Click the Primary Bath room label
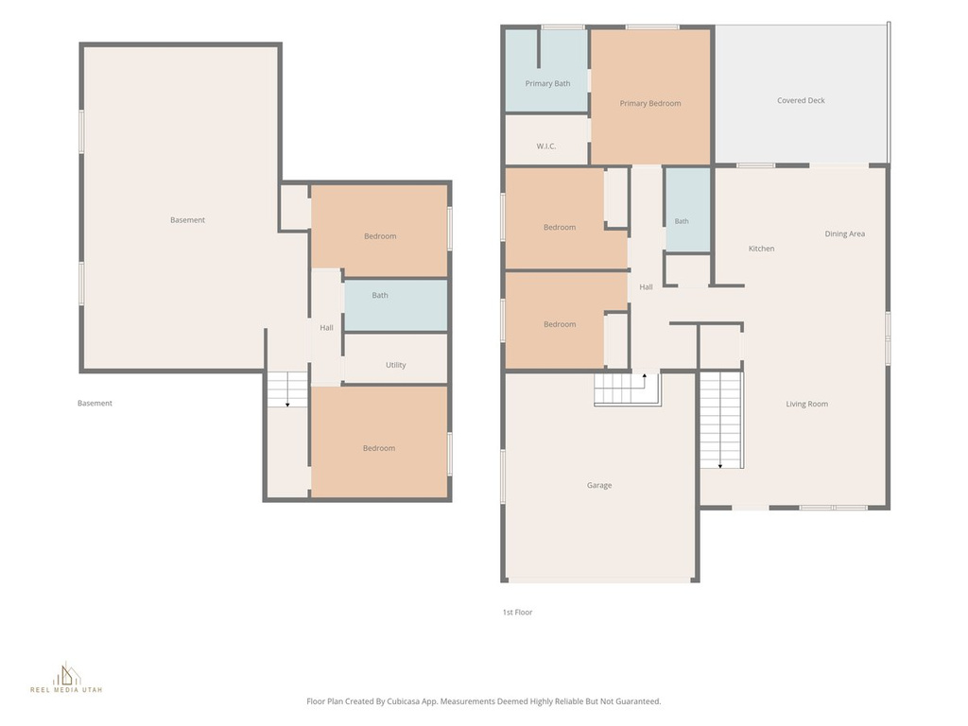pos(547,83)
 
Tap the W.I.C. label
pos(545,147)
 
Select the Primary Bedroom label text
pos(650,103)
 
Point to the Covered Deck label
pos(801,100)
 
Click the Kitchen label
pos(761,249)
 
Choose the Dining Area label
pos(844,233)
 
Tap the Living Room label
pos(807,404)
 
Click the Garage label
pos(598,485)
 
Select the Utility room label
pos(396,365)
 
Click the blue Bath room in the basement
pos(396,305)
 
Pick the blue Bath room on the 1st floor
pos(688,210)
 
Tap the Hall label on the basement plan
pos(326,328)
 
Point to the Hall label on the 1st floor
pos(646,287)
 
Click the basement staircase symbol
pos(287,389)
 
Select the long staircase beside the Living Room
pos(721,420)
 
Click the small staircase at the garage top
pos(628,389)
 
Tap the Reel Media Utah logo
pos(66,678)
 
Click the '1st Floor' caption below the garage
pos(517,613)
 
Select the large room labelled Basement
pos(181,207)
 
